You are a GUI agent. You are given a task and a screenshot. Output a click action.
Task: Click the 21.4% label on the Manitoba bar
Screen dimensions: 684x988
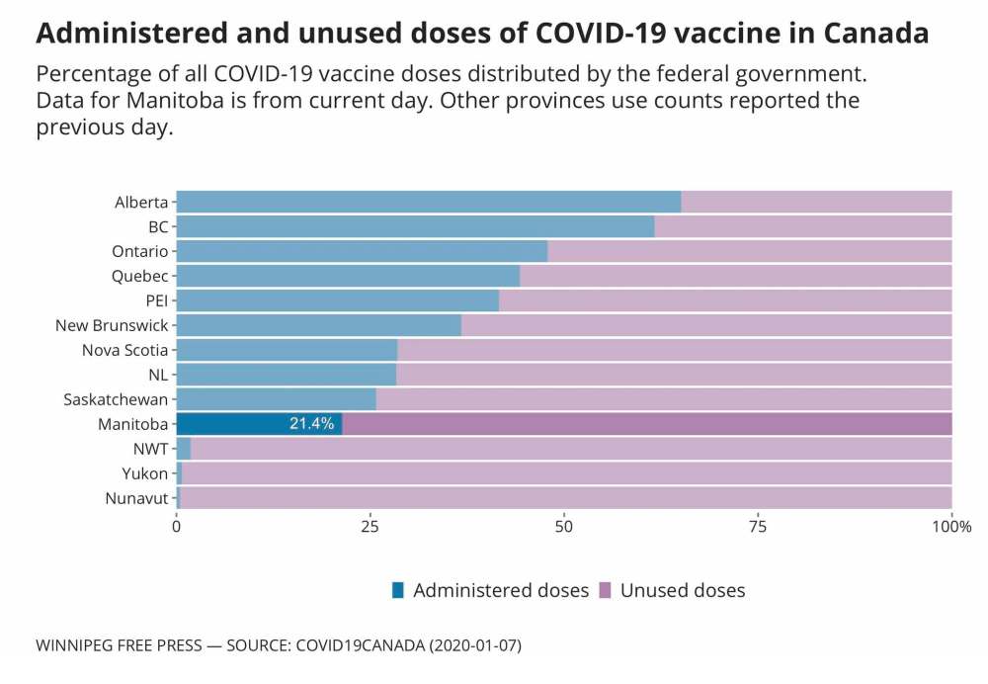coord(311,424)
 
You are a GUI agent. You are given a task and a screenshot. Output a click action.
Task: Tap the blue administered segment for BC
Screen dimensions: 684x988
coord(415,226)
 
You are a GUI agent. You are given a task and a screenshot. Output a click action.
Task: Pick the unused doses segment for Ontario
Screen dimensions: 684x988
coord(749,251)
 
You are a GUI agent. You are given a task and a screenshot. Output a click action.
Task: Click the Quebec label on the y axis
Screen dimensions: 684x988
coord(139,276)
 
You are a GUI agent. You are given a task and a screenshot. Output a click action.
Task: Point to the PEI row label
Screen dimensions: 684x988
coord(156,300)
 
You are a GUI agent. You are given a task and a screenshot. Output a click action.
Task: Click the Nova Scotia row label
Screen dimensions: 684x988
coord(124,350)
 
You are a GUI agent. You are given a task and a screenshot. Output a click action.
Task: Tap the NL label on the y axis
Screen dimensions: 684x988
coord(158,375)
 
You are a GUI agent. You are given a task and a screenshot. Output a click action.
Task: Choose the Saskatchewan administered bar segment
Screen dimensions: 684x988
coord(276,399)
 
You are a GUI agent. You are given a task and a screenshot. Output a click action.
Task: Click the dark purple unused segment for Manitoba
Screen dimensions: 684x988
coord(646,424)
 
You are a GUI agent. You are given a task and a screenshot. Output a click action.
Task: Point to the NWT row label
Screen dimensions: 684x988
coord(151,449)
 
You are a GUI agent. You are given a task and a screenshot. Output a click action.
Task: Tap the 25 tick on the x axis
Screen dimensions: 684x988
coord(370,528)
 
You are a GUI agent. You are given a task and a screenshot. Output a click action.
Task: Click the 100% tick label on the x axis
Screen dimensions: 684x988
coord(951,528)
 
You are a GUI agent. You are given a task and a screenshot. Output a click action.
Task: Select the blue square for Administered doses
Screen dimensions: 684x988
coord(398,591)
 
